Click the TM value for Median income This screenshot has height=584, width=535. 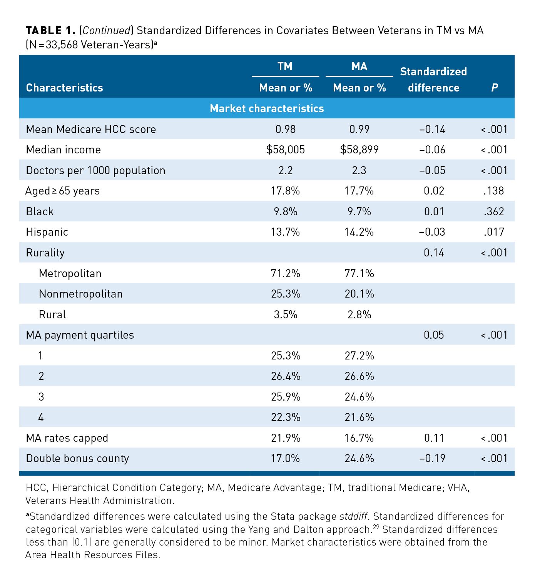point(285,150)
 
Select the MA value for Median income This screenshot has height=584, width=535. point(359,150)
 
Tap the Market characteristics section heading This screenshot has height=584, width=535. point(267,108)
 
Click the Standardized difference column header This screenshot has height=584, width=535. point(433,80)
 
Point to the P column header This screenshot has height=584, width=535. point(494,88)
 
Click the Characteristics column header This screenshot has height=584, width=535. point(64,88)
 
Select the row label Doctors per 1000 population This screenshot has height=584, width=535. point(95,170)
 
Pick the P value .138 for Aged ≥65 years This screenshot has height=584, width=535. point(493,191)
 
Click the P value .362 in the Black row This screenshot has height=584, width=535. point(493,211)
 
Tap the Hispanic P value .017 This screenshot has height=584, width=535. point(493,232)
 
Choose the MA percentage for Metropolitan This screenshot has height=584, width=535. point(359,273)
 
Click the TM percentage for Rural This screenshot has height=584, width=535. point(285,314)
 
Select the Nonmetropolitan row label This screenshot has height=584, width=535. point(80,294)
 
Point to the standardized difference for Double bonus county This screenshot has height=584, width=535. point(432,458)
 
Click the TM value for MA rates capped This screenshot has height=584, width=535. point(285,438)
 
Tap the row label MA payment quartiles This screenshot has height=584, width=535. point(80,335)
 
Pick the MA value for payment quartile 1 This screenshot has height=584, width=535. point(359,356)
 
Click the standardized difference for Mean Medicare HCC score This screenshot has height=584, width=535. point(432,129)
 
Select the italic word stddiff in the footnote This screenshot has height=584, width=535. point(353,516)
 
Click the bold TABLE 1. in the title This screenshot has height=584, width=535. point(50,31)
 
